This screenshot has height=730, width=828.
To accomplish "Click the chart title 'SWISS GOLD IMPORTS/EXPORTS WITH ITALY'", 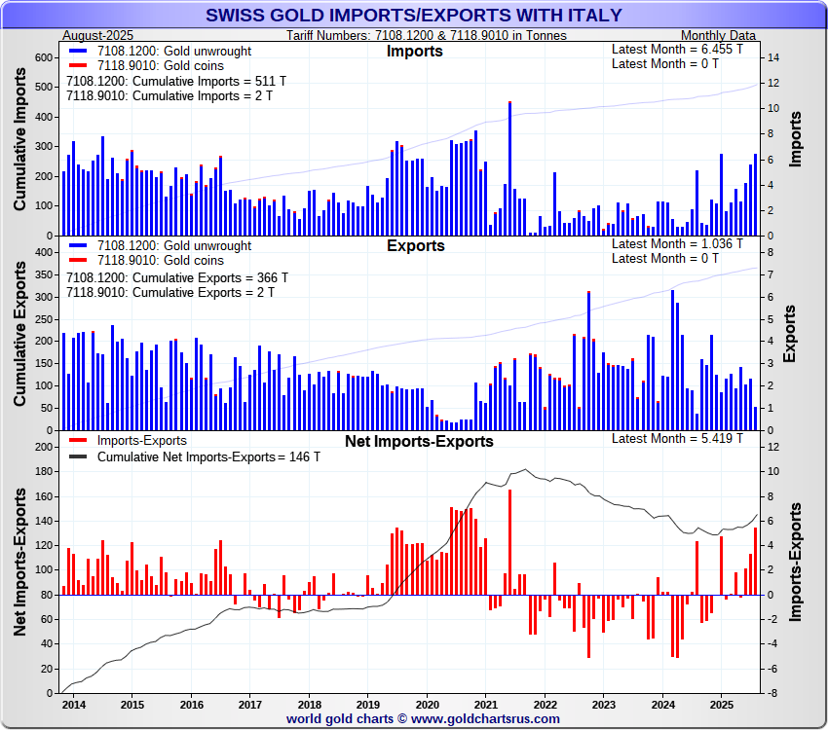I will pos(414,15).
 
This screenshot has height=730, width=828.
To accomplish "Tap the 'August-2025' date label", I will pos(97,35).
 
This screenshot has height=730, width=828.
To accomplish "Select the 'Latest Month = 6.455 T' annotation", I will pos(677,49).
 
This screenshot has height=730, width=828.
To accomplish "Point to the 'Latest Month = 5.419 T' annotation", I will pos(677,438).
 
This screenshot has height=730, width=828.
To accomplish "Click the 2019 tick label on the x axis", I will pos(368,704).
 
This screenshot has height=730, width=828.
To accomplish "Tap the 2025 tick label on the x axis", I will pos(721,704).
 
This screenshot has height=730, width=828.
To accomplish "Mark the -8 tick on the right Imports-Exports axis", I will pos(772,693).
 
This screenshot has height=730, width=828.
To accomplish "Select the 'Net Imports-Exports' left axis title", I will pos(20,565).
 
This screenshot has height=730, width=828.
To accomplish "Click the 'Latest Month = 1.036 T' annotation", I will pos(677,243).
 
